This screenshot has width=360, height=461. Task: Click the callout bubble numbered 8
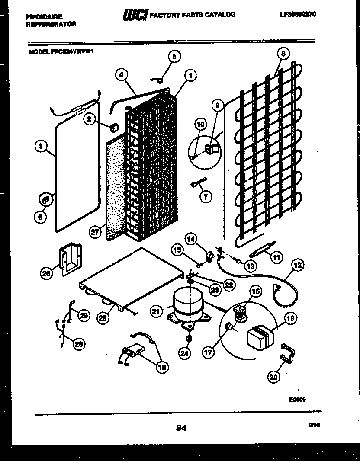[283, 54]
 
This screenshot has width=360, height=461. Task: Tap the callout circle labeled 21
[157, 311]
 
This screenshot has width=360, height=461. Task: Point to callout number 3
[40, 147]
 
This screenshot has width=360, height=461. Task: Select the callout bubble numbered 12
[298, 265]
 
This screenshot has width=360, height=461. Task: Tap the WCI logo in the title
[135, 15]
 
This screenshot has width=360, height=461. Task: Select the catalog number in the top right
[298, 14]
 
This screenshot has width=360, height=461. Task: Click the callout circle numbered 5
[174, 56]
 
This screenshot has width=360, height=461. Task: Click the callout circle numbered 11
[276, 257]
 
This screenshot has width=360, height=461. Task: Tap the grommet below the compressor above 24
[189, 338]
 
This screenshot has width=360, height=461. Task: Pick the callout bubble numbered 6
[40, 218]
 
